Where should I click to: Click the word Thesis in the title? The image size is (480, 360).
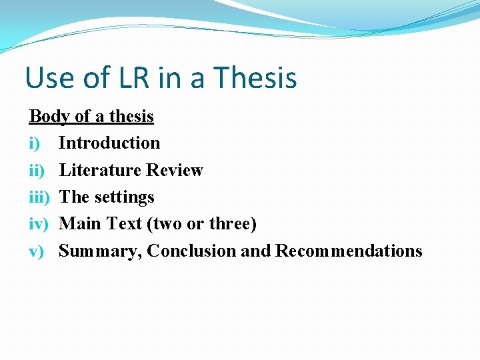[257, 77]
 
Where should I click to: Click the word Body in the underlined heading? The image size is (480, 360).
[49, 117]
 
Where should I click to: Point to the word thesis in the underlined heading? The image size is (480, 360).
[131, 117]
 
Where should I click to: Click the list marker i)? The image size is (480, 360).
[35, 143]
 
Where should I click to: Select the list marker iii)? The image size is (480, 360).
[39, 197]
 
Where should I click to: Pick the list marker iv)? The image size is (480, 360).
[39, 224]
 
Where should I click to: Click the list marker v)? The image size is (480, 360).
[37, 251]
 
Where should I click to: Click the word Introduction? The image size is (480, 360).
[109, 143]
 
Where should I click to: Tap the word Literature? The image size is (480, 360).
[100, 170]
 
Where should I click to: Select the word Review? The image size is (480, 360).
[175, 170]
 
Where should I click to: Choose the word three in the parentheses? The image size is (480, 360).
[232, 224]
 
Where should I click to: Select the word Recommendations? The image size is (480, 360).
[349, 251]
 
